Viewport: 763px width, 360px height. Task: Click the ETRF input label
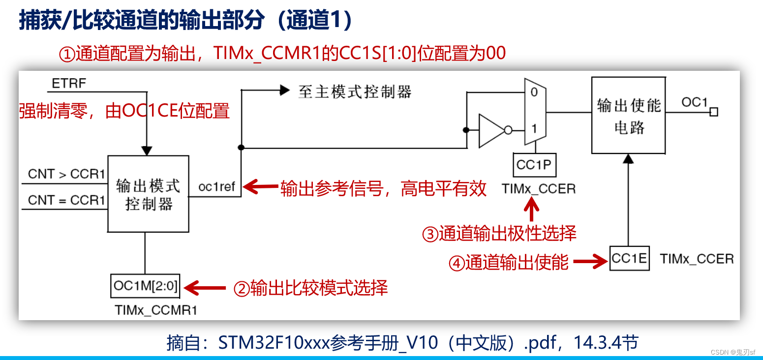[69, 84]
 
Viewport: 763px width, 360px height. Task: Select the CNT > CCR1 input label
[66, 174]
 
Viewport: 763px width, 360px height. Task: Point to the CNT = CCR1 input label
[66, 200]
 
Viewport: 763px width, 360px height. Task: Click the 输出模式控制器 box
[148, 194]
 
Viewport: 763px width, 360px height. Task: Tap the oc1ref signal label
[216, 187]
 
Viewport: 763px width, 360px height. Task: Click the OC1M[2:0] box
[145, 286]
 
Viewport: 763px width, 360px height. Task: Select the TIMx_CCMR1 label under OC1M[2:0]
[156, 310]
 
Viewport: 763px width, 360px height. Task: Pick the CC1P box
[534, 165]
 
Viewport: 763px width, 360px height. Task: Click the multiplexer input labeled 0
[534, 92]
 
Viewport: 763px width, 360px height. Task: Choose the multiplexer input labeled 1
[534, 129]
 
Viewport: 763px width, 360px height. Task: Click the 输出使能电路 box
[628, 115]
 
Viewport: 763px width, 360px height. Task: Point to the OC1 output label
[694, 102]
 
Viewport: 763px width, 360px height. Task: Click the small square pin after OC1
[714, 112]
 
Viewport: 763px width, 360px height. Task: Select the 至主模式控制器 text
[354, 91]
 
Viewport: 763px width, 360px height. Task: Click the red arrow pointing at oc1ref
[261, 187]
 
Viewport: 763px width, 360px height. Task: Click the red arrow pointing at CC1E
[590, 262]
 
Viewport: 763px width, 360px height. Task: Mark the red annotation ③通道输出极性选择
[499, 234]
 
